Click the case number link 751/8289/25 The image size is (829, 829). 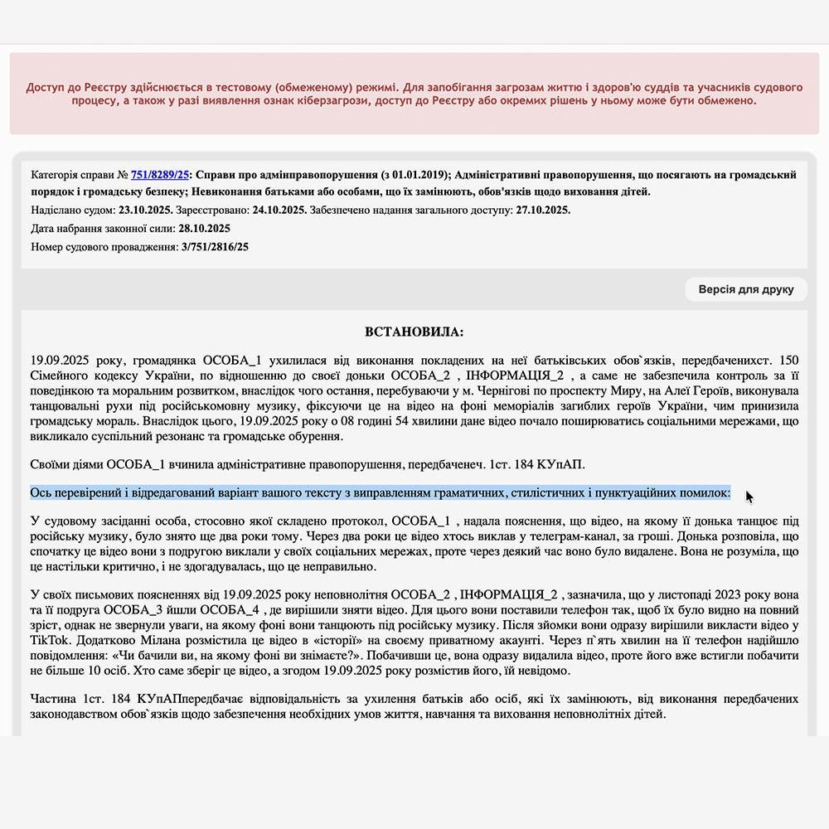(160, 175)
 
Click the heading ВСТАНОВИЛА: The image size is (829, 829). (414, 332)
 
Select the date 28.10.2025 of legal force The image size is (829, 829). (204, 228)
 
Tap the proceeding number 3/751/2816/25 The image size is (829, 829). (215, 246)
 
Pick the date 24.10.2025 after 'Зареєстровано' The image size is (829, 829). (279, 210)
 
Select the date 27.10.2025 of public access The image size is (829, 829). (543, 210)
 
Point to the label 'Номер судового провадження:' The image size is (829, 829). (104, 246)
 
